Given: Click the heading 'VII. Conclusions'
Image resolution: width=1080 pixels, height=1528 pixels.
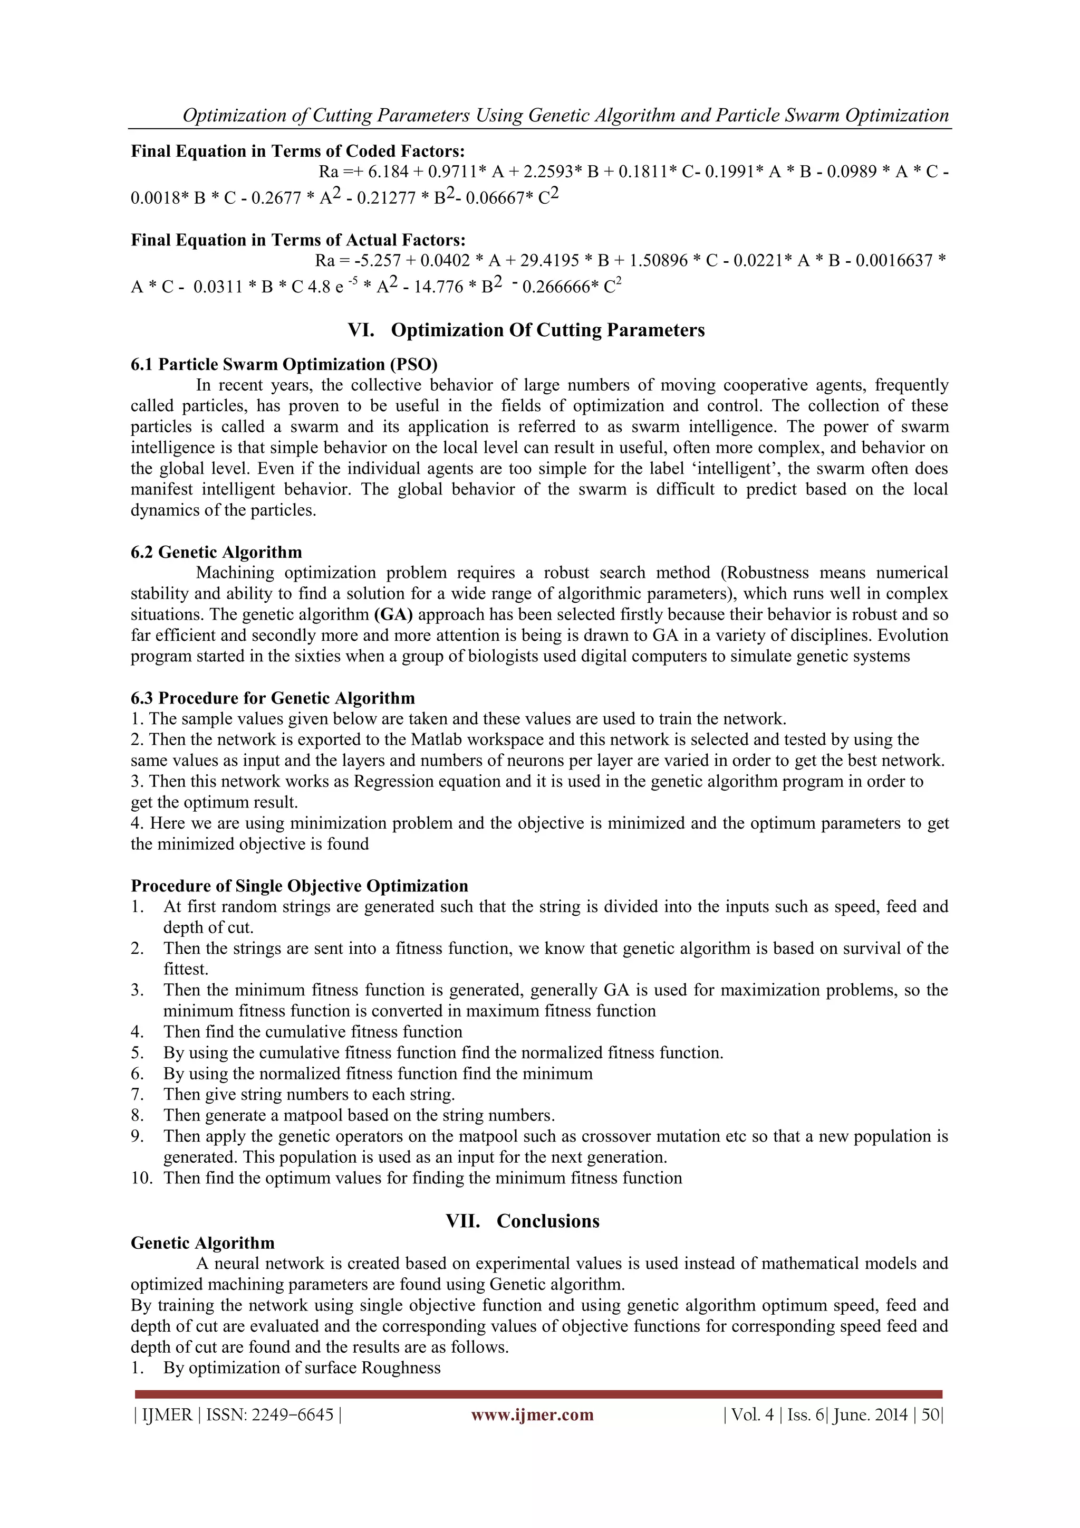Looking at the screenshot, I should pos(523,1221).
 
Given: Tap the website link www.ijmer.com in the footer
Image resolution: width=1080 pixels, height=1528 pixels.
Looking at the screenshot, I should pos(532,1415).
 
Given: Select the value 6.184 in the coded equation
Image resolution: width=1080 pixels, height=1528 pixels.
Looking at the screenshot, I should pos(388,172).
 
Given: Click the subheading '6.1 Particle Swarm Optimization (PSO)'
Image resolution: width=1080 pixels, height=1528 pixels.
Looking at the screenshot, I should pos(284,364).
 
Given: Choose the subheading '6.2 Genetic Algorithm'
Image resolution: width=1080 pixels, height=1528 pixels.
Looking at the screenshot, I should pos(216,552).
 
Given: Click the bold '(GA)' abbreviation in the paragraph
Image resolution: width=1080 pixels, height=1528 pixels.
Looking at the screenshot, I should pos(393,614).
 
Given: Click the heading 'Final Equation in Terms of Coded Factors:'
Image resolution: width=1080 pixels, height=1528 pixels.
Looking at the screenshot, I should pos(297,151).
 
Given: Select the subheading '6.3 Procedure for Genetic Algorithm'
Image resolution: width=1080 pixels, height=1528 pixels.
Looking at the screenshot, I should pos(273,698).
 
